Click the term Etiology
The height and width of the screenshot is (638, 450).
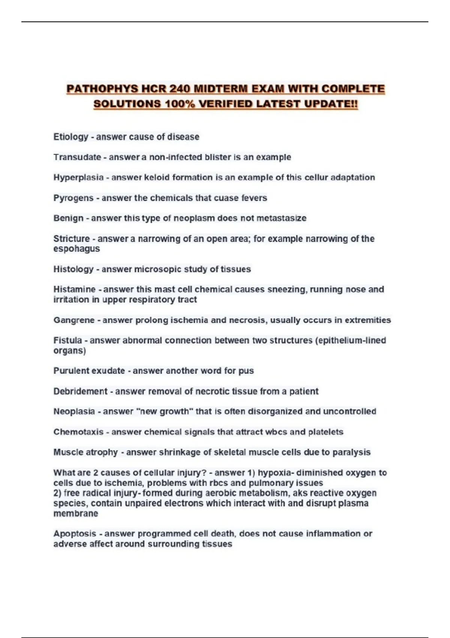[x=70, y=137]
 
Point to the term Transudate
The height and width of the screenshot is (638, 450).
[x=77, y=157]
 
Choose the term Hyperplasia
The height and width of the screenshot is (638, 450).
[x=78, y=178]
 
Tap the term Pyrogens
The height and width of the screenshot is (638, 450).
[x=73, y=198]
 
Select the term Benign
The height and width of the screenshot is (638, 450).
[x=68, y=218]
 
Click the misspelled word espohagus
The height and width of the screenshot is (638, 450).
[x=76, y=249]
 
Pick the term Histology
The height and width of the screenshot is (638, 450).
[x=73, y=269]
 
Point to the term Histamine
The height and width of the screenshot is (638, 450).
[x=74, y=290]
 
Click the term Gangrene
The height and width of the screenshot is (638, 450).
[x=74, y=320]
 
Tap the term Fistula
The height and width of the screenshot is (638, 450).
[x=67, y=340]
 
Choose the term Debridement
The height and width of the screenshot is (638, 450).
[x=80, y=391]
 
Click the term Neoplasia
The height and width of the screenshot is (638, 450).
[x=74, y=412]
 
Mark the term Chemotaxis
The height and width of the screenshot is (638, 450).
[x=78, y=432]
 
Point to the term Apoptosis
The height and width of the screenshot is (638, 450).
[x=75, y=534]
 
